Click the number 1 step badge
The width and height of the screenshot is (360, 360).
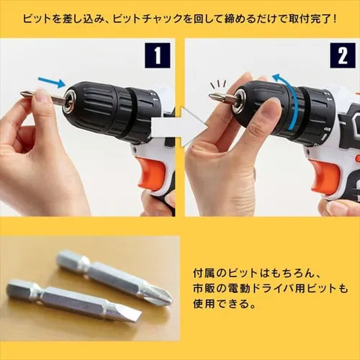157,55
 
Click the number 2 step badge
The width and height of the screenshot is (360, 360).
342,55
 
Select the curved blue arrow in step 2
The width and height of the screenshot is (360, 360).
292,104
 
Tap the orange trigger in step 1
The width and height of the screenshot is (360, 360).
151,173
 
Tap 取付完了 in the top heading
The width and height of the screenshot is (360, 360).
307,17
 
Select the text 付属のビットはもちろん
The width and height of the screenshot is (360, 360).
252,274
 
